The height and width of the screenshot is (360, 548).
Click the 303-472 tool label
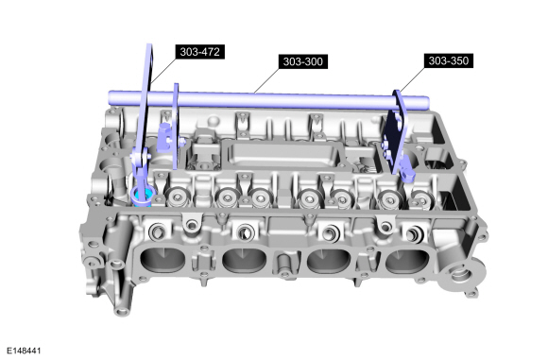click(200, 52)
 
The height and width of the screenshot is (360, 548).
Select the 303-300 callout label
click(303, 61)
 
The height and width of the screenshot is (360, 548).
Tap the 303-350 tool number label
click(449, 60)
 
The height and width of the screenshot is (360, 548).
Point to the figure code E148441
click(24, 351)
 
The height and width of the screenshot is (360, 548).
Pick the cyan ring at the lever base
click(143, 196)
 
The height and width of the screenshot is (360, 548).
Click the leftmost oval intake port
click(163, 261)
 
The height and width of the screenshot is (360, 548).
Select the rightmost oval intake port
click(407, 262)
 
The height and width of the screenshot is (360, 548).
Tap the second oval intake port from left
click(245, 261)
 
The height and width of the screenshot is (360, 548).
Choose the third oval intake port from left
click(329, 262)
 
